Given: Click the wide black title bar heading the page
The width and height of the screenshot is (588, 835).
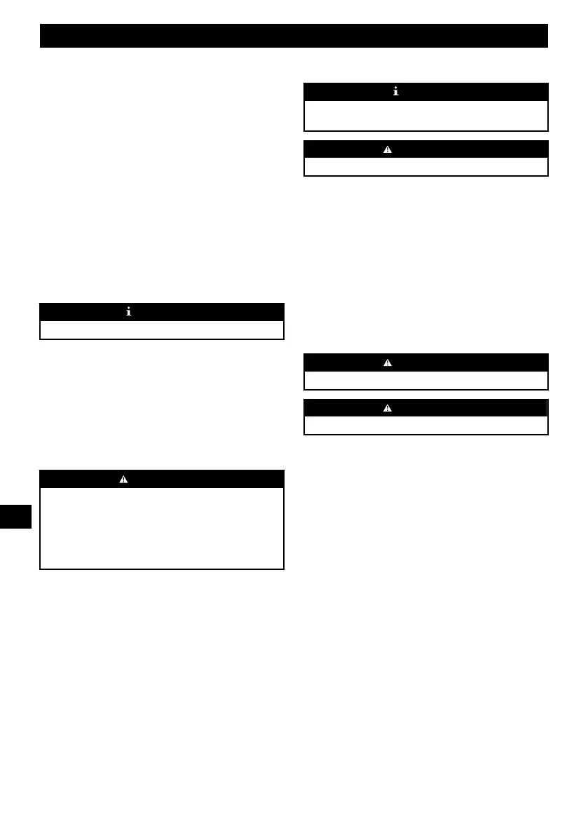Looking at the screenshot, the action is click(294, 36).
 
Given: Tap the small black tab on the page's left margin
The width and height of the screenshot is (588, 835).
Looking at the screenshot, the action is click(16, 517).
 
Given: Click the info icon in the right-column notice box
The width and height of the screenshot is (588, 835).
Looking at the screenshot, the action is click(396, 92).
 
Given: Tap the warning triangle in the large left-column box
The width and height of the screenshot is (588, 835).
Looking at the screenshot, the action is click(123, 479).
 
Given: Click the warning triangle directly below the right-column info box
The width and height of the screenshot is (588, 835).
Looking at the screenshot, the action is click(387, 149).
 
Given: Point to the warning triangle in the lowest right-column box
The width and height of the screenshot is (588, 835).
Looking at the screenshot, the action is click(387, 408).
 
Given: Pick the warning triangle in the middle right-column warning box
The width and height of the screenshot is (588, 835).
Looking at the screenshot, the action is click(387, 362).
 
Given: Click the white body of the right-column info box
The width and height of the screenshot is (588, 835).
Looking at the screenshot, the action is click(425, 116).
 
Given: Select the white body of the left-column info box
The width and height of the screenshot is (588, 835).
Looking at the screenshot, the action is click(161, 330).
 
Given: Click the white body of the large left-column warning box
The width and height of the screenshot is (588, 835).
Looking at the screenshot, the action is click(161, 528).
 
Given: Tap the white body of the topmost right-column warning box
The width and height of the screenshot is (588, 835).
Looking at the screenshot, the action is click(425, 166).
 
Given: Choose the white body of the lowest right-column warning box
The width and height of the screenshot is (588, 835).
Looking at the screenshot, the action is click(425, 426).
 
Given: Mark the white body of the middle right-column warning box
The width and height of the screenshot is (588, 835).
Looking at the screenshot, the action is click(425, 380).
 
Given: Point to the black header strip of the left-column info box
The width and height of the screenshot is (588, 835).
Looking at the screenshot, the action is click(210, 312).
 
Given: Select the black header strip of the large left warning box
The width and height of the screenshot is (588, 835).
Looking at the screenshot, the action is click(210, 479).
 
